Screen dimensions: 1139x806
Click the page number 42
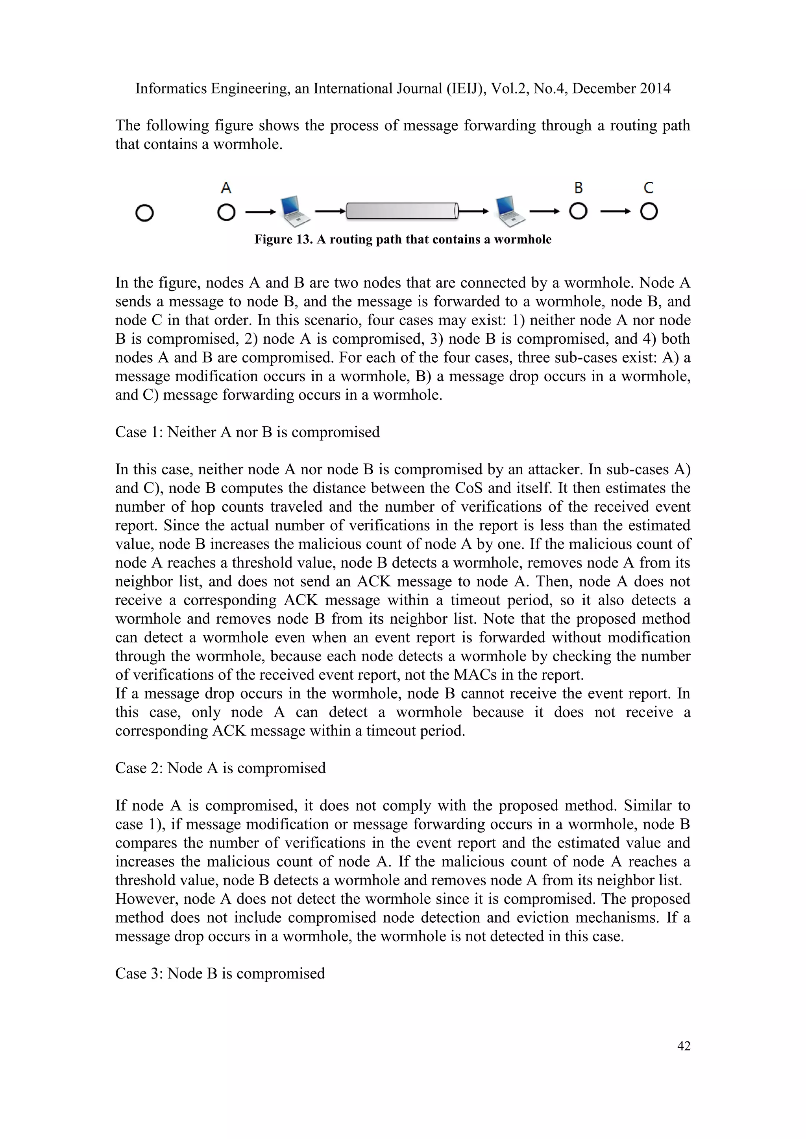tap(684, 1045)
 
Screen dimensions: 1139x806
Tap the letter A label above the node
tap(226, 188)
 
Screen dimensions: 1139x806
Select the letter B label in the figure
tap(578, 188)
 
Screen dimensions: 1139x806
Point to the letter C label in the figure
tap(648, 188)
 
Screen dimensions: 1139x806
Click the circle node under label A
tap(226, 213)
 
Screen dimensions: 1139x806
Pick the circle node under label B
tap(578, 212)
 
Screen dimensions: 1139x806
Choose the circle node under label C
tap(649, 212)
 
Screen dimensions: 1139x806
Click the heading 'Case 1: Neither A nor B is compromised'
tap(247, 432)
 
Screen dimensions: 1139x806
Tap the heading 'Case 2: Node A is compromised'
tap(220, 768)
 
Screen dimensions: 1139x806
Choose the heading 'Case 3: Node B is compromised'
tap(220, 973)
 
